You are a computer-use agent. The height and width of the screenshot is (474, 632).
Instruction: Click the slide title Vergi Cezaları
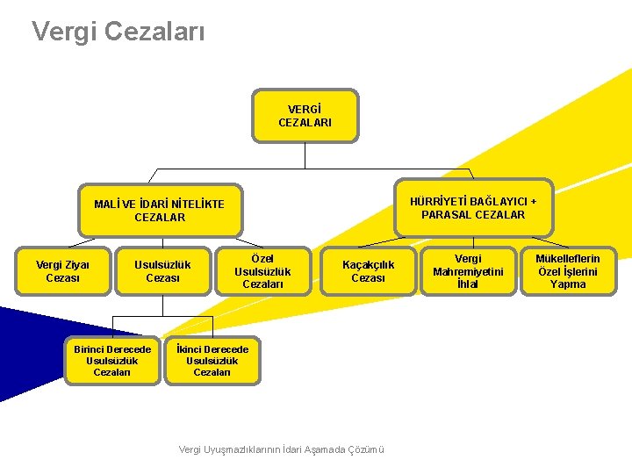tap(118, 32)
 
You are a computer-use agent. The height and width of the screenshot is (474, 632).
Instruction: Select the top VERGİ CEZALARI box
tap(305, 115)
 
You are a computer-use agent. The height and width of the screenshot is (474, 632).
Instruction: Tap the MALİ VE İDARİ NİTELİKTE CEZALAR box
tap(159, 211)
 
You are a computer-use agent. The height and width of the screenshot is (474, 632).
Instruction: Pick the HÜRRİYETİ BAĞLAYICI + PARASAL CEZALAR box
tap(473, 208)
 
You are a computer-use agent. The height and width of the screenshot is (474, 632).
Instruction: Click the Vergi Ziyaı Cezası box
tap(61, 271)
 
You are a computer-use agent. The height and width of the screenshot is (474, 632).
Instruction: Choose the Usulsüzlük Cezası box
tap(162, 271)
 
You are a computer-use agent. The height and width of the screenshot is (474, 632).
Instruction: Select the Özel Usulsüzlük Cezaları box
tap(262, 271)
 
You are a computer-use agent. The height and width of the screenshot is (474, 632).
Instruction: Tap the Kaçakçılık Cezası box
tap(368, 271)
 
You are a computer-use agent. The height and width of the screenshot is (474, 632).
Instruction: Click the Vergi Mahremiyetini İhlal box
tap(468, 271)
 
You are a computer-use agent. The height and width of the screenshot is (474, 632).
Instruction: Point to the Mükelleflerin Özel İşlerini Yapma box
tap(568, 271)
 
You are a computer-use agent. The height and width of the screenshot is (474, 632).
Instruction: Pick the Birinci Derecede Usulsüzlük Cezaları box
tap(112, 361)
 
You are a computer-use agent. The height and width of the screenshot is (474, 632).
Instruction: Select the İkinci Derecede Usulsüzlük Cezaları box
tap(212, 361)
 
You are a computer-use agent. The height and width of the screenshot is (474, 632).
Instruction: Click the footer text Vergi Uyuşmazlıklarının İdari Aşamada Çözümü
tap(282, 449)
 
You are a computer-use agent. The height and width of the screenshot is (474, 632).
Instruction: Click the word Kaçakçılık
tap(368, 265)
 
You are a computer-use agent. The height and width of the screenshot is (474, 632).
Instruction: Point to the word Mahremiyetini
tap(468, 271)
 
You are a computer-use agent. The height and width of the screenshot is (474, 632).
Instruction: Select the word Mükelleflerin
tap(568, 259)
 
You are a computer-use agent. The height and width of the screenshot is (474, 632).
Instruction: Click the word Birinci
tap(91, 349)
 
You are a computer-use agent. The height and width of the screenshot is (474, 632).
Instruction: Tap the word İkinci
tap(189, 349)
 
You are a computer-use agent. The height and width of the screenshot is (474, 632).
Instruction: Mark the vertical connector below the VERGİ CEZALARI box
tap(305, 155)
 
